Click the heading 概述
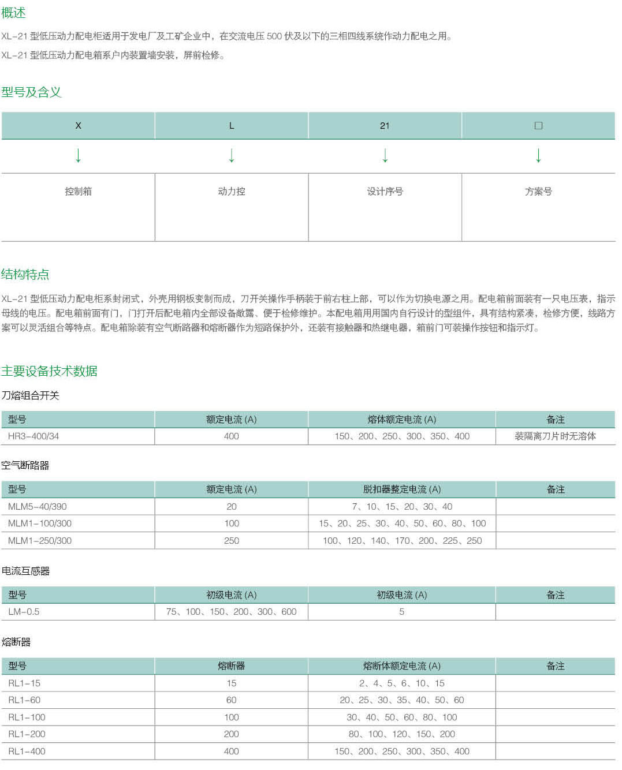pyautogui.click(x=13, y=13)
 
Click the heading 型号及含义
pyautogui.click(x=31, y=92)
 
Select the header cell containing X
pyautogui.click(x=79, y=126)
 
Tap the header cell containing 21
pyautogui.click(x=385, y=126)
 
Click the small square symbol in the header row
pyautogui.click(x=538, y=126)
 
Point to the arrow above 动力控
pyautogui.click(x=232, y=155)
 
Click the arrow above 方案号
pyautogui.click(x=538, y=155)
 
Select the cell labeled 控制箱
pyautogui.click(x=79, y=192)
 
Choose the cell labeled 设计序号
pyautogui.click(x=385, y=192)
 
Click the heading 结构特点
pyautogui.click(x=25, y=274)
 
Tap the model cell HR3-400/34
pyautogui.click(x=33, y=436)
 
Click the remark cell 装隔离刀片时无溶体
pyautogui.click(x=555, y=436)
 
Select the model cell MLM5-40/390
pyautogui.click(x=38, y=507)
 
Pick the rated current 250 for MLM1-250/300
pyautogui.click(x=232, y=541)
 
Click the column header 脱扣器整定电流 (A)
pyautogui.click(x=402, y=489)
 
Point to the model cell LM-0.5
pyautogui.click(x=24, y=612)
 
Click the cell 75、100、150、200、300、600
pyautogui.click(x=232, y=612)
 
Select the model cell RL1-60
pyautogui.click(x=24, y=700)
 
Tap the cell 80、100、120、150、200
pyautogui.click(x=402, y=734)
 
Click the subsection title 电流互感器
pyautogui.click(x=25, y=571)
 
